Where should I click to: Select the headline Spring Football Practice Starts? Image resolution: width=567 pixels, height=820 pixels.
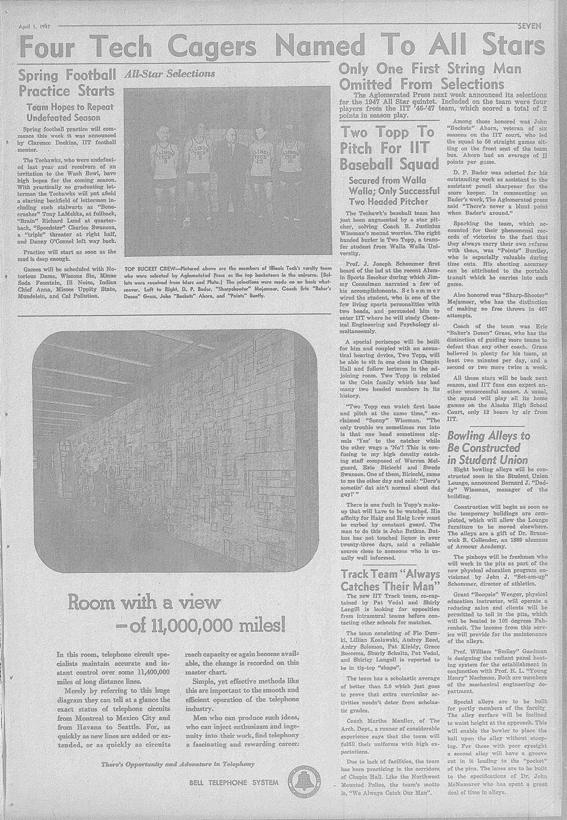tap(67, 81)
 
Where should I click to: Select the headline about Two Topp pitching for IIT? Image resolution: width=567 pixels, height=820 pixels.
tap(389, 148)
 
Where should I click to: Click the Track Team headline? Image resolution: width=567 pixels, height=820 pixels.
tap(390, 580)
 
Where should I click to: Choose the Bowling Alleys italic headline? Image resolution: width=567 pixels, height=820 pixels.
tap(488, 448)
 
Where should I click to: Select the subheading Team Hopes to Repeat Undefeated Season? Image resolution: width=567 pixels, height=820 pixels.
tap(67, 113)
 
